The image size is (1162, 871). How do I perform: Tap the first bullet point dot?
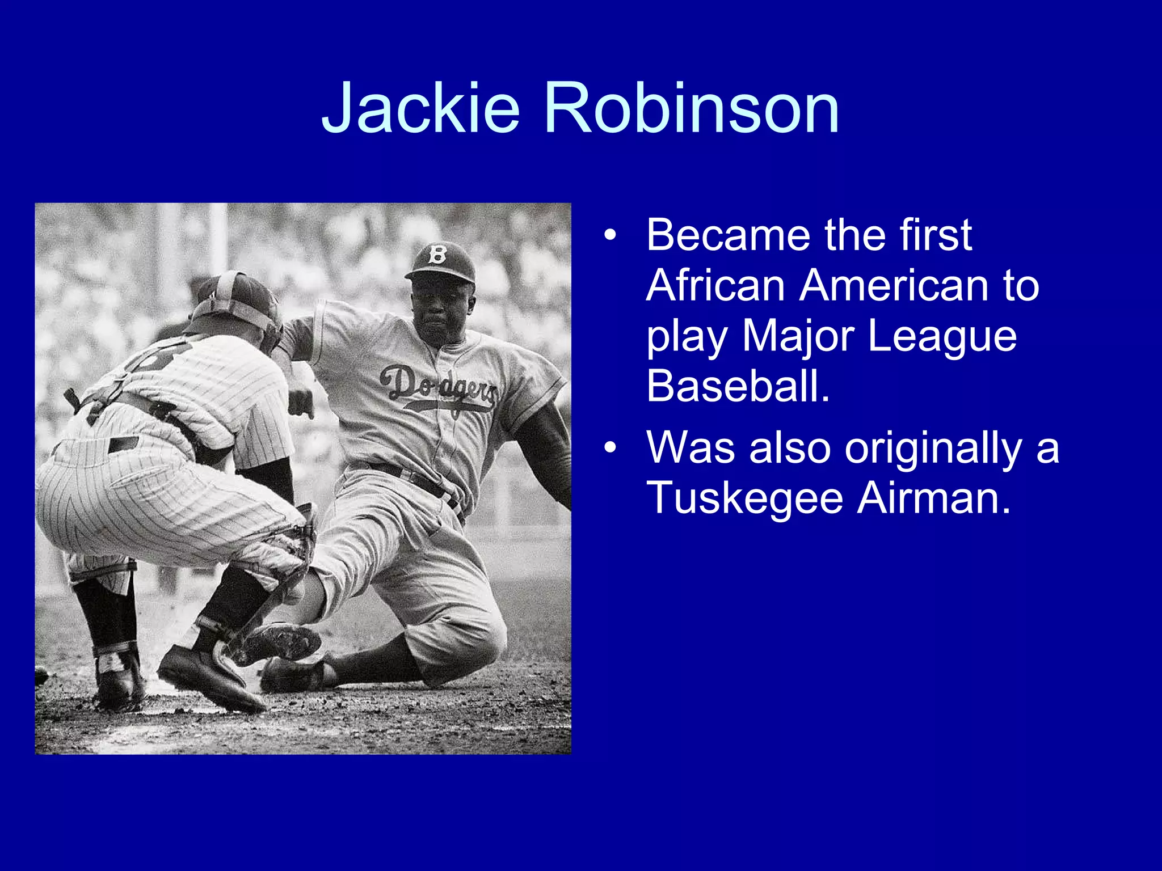610,235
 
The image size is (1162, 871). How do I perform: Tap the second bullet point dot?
610,448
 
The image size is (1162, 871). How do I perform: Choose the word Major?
798,336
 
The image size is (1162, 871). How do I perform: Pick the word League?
942,336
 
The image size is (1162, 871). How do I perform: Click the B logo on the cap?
437,255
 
